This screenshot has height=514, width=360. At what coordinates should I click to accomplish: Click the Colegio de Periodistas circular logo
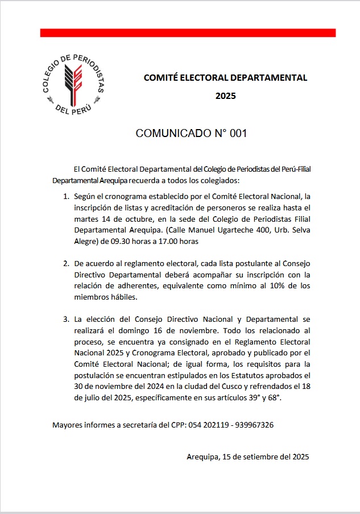pyautogui.click(x=74, y=83)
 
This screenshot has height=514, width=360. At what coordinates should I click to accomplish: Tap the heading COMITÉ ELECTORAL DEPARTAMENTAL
pyautogui.click(x=225, y=77)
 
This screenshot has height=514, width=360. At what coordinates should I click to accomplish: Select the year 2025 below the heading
pyautogui.click(x=225, y=96)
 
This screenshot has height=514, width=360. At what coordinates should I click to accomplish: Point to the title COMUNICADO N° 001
pyautogui.click(x=191, y=134)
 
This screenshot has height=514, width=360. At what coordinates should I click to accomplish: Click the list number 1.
pyautogui.click(x=65, y=197)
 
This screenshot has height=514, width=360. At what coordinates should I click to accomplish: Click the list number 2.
pyautogui.click(x=65, y=264)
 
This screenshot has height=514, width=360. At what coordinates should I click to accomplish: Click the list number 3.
pyautogui.click(x=65, y=320)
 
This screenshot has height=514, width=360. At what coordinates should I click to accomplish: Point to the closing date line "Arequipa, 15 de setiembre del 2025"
pyautogui.click(x=247, y=457)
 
